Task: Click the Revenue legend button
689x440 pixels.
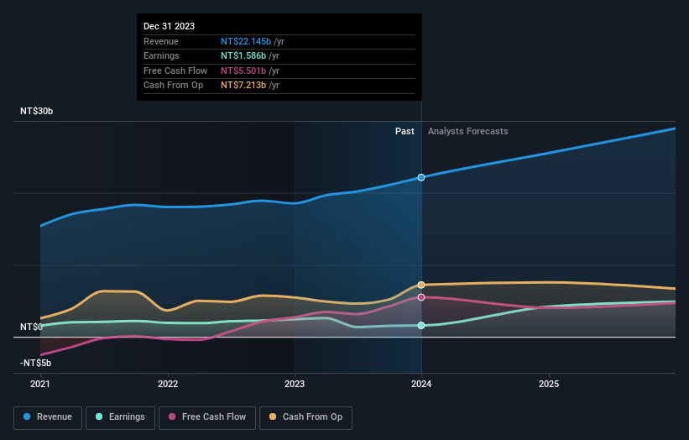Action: (x=49, y=416)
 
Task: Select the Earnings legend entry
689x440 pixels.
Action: (x=121, y=416)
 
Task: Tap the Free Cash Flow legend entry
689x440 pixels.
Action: (x=207, y=416)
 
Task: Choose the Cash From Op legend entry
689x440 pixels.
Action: (x=306, y=416)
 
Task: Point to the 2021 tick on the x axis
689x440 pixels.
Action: (x=40, y=384)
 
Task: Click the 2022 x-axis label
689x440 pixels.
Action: (x=168, y=384)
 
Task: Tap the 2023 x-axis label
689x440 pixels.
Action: (x=295, y=384)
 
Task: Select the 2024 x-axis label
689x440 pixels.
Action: (x=421, y=384)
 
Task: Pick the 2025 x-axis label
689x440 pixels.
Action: (x=549, y=384)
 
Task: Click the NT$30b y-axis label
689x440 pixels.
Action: (x=37, y=111)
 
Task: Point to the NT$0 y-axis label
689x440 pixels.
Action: (x=31, y=327)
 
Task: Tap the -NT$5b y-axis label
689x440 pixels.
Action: (x=36, y=363)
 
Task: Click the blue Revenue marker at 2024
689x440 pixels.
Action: (x=421, y=177)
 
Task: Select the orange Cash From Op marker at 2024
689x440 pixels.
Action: (x=421, y=285)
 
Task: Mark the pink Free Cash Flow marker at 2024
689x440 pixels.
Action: (x=421, y=297)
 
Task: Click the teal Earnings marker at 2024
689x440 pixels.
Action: (x=421, y=325)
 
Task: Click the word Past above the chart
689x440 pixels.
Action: (x=405, y=131)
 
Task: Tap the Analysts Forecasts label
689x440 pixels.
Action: (x=467, y=131)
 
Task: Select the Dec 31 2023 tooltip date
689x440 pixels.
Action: (x=170, y=26)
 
